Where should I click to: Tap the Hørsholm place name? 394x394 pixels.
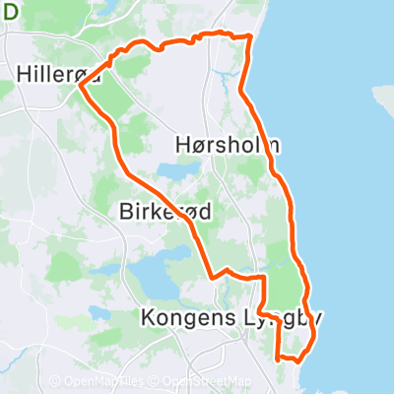231,145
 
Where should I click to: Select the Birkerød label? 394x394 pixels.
164,212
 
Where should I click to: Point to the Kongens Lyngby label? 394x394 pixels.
231,318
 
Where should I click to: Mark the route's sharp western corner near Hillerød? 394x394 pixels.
80,87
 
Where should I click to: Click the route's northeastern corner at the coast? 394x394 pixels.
251,36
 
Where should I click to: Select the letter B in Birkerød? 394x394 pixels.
125,212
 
